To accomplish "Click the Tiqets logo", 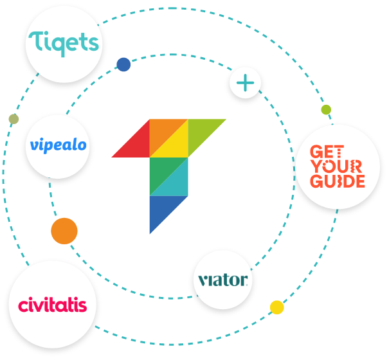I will [63, 44].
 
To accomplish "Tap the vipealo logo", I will [58, 145].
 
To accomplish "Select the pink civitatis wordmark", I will [53, 304].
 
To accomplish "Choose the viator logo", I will [222, 280].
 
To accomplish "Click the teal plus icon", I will [245, 83].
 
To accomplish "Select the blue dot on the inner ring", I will [123, 64].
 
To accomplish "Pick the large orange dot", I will [64, 231].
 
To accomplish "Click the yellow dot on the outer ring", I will [276, 307].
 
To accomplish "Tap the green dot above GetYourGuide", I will [326, 109].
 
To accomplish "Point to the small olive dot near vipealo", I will [14, 119].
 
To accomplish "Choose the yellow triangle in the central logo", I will [177, 147].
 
